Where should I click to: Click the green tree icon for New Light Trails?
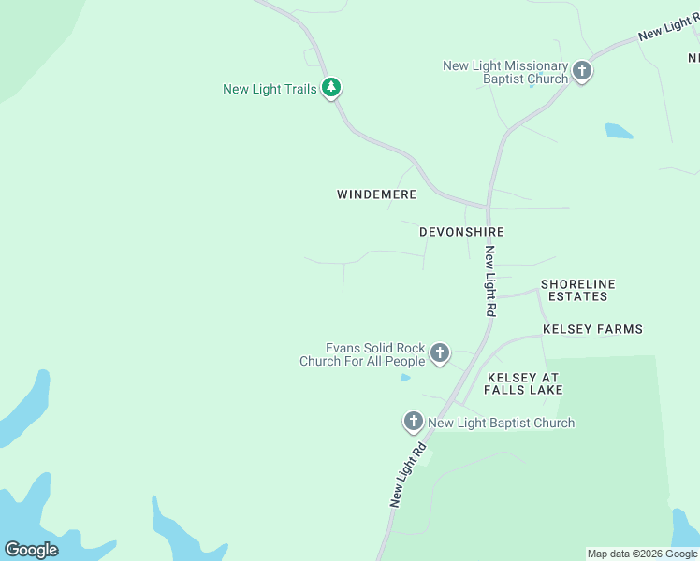pos(331,88)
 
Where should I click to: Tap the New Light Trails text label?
pos(270,90)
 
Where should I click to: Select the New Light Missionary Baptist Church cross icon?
pos(582,71)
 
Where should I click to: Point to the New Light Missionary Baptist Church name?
pos(505,72)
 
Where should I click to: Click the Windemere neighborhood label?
pos(376,194)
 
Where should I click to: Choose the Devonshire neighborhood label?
pos(461,232)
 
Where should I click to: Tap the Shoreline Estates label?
pos(577,290)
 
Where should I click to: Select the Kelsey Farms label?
pos(592,329)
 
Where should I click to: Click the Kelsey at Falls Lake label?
pos(523,383)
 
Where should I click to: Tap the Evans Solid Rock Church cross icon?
pos(440,353)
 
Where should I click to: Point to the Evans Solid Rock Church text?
pos(362,353)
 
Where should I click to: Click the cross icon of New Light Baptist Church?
pos(414,422)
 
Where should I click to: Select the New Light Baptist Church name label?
pos(501,424)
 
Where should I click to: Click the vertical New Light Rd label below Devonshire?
pos(489,281)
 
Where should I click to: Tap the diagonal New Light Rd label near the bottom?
pos(409,474)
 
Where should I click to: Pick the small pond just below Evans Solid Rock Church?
pos(404,378)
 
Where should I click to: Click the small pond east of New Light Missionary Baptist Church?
pos(619,131)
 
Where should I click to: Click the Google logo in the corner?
pos(31,550)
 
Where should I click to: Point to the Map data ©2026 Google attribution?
pos(642,554)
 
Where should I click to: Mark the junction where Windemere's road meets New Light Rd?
pos(488,207)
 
